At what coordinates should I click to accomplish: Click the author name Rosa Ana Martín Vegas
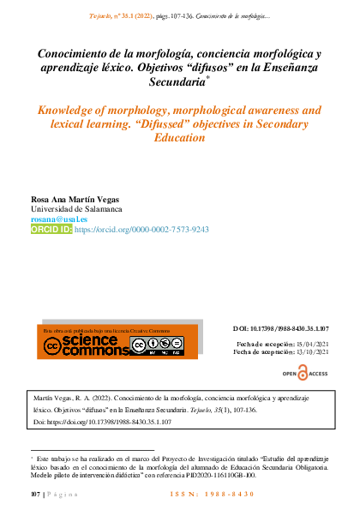coord(75,199)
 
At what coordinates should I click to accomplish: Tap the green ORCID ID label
coord(51,230)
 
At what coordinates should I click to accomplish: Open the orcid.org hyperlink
coord(142,230)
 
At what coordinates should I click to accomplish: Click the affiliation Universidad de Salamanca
coord(76,209)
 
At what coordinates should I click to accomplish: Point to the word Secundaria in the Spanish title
coord(177,83)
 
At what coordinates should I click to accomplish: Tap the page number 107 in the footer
coord(35,496)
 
